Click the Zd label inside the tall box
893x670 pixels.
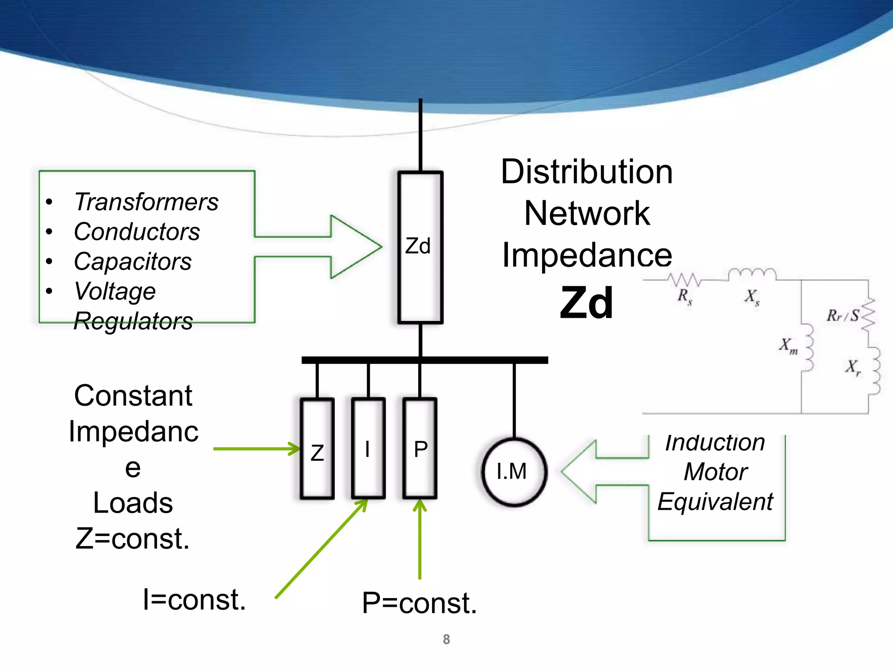point(418,246)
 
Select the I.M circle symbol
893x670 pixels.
point(514,472)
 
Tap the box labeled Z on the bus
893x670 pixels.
point(317,449)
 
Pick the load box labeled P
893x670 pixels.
point(419,449)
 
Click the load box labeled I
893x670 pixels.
point(368,449)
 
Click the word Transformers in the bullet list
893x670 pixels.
point(146,202)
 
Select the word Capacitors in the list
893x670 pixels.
point(133,262)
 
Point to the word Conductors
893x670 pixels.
point(136,232)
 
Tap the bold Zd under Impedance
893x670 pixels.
point(586,303)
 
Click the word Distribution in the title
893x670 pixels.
point(586,172)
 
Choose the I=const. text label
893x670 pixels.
point(194,600)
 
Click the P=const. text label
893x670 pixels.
point(419,603)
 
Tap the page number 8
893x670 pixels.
point(446,639)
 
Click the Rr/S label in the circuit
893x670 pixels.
point(842,315)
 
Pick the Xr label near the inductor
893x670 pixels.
point(853,367)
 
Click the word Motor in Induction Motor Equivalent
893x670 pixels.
point(716,472)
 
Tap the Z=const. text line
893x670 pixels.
point(133,539)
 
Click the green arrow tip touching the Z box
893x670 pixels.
point(297,448)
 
